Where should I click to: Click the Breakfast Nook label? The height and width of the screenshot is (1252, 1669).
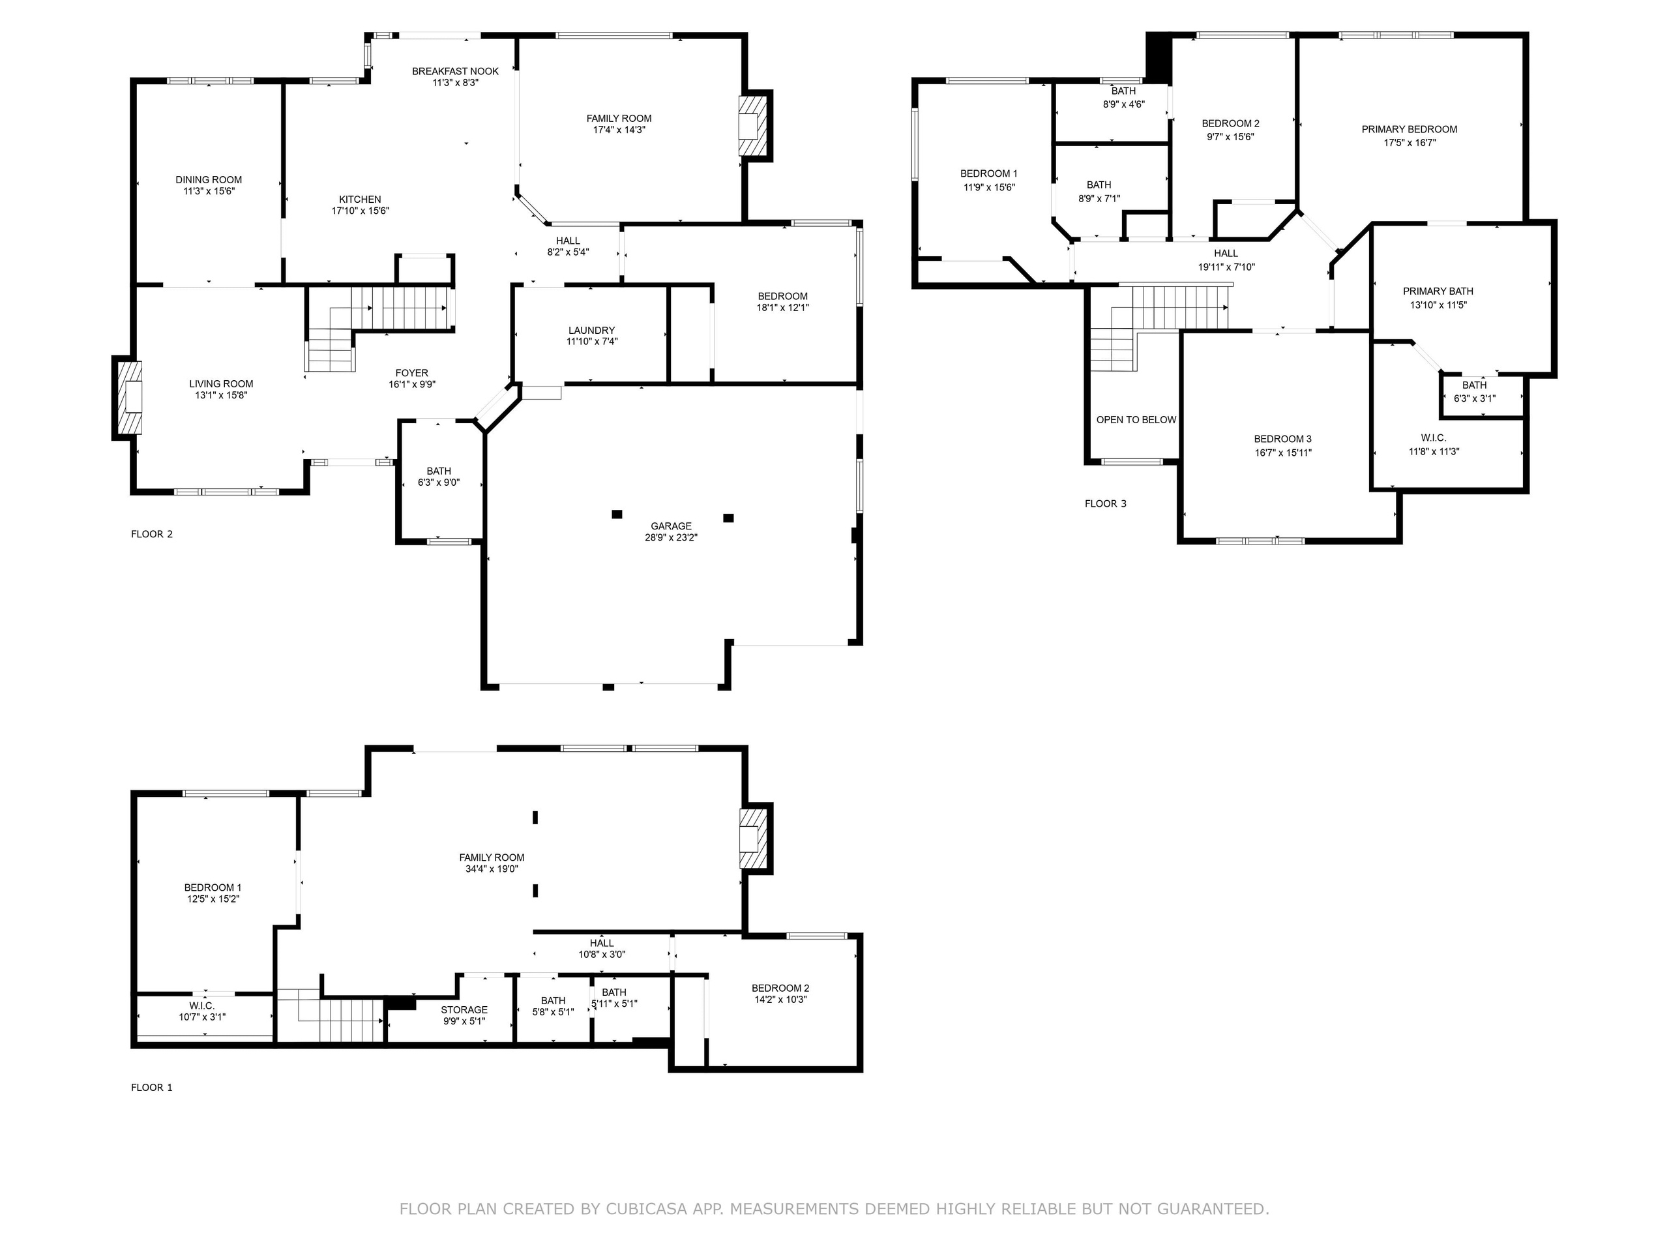tap(455, 72)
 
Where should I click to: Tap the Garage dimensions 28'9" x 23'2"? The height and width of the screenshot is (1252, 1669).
tap(672, 538)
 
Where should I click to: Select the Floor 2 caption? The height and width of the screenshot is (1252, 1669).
tap(152, 534)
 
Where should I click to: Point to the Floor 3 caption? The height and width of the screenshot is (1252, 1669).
tap(1105, 503)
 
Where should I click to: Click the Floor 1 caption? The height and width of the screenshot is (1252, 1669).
tap(152, 1088)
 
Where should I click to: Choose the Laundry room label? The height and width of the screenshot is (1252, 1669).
tap(591, 331)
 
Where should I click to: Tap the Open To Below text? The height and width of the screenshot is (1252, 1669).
tap(1136, 419)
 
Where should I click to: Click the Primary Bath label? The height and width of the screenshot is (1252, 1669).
tap(1438, 291)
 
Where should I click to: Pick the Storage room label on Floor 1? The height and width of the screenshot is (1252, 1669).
tap(464, 1009)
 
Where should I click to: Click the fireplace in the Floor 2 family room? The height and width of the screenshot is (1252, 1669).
tap(754, 125)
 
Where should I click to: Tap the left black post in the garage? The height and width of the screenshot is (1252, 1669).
tap(617, 514)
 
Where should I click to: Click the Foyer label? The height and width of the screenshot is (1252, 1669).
tap(412, 373)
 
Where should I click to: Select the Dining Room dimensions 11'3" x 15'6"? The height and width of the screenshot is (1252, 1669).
tap(209, 192)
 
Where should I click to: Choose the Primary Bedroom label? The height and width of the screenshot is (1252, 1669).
tap(1410, 130)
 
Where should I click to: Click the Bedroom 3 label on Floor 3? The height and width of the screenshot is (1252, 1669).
tap(1282, 440)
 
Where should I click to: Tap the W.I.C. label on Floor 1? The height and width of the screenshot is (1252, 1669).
tap(202, 1006)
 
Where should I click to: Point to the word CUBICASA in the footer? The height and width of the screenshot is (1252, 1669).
tap(647, 1210)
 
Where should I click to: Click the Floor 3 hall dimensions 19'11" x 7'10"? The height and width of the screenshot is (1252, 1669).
tap(1226, 267)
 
